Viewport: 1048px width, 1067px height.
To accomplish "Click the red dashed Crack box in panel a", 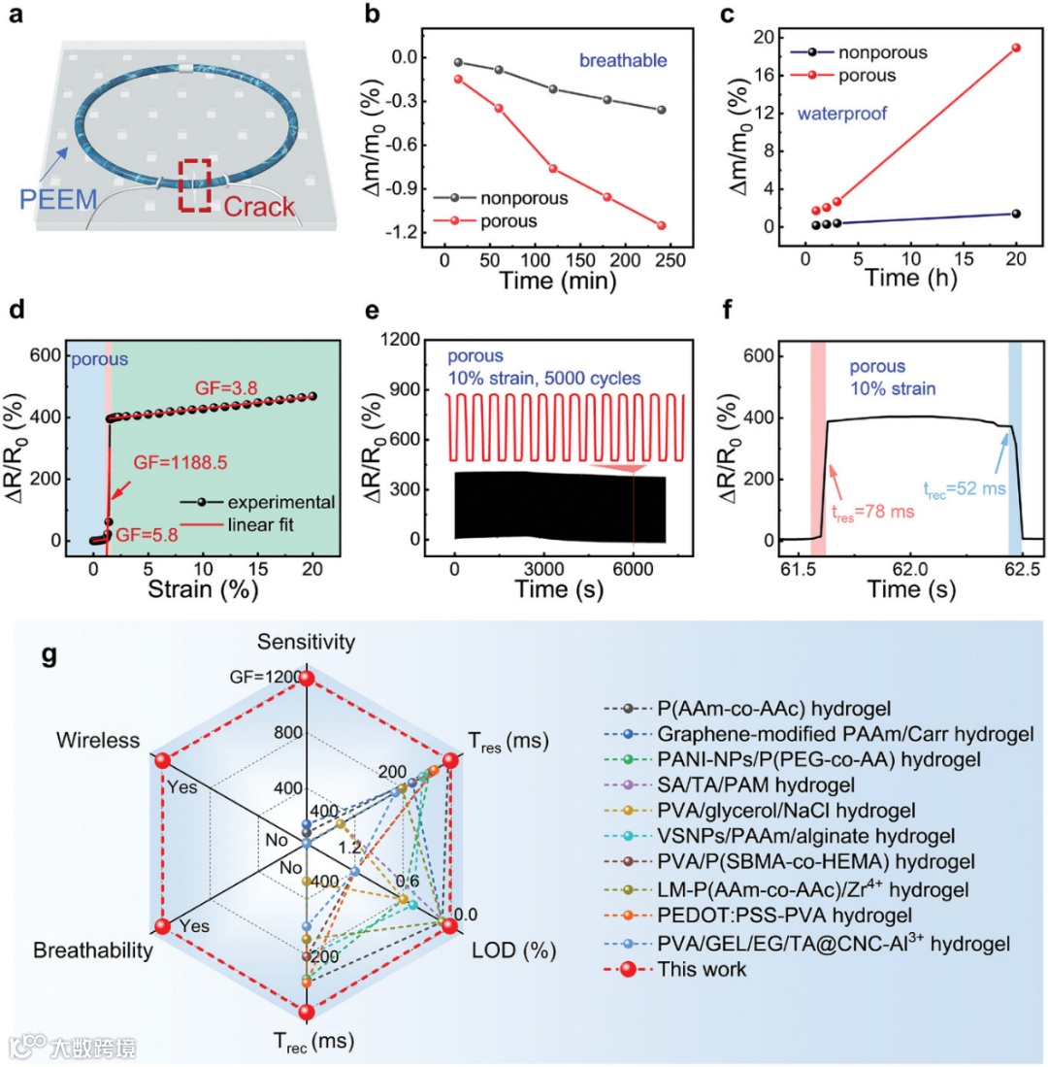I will [x=198, y=183].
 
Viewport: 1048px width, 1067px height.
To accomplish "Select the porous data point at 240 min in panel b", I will [x=662, y=225].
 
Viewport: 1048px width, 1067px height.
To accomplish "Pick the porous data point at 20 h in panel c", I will [x=1016, y=48].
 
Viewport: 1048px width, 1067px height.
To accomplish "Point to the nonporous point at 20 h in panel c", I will [x=1016, y=214].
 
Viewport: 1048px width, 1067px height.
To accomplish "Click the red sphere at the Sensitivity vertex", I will [x=306, y=678].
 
